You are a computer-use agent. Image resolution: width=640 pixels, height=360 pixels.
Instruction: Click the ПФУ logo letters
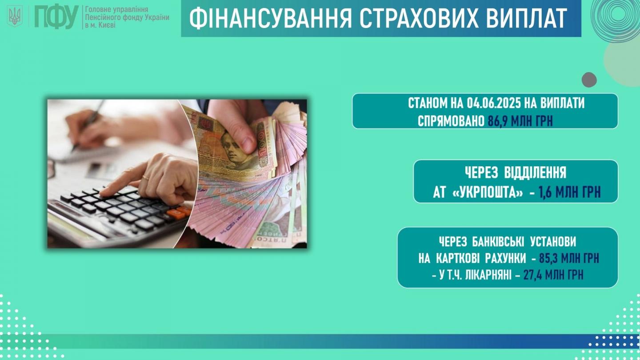coord(56,17)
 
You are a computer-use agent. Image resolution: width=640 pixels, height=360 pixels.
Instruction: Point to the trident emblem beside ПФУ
coord(15,16)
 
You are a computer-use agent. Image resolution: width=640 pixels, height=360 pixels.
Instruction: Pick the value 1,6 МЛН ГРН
coord(570,192)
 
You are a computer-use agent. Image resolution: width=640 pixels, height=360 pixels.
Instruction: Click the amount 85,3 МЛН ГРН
coord(569,258)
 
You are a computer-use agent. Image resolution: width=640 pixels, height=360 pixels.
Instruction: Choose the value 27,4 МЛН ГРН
coord(553,275)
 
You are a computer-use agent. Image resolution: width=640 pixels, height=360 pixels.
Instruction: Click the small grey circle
coord(589,80)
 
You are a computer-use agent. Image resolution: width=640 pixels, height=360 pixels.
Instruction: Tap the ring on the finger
coord(145,177)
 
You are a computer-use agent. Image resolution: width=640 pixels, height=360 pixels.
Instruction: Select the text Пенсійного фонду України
coord(127,17)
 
